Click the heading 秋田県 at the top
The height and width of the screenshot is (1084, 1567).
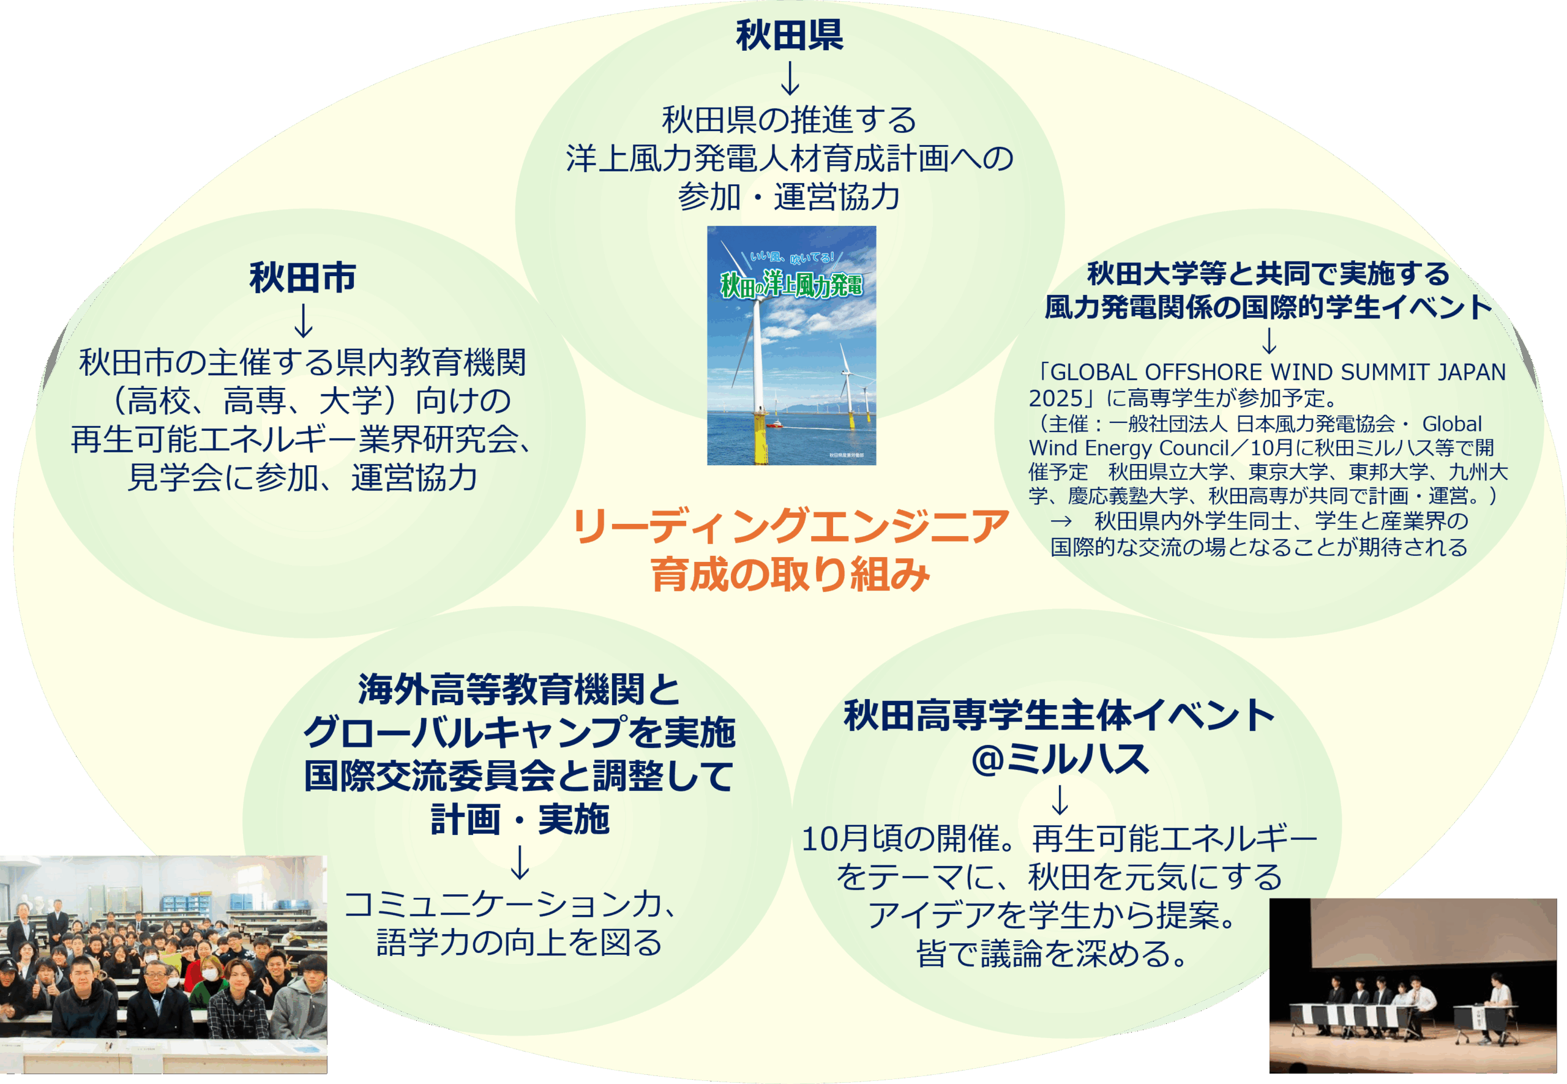(789, 35)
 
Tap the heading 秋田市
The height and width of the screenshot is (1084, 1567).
(303, 277)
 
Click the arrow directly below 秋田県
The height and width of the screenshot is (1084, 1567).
(790, 78)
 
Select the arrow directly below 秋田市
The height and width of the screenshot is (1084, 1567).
(303, 321)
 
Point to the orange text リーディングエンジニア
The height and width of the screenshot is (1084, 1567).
(791, 526)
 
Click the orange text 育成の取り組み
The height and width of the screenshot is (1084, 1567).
(790, 574)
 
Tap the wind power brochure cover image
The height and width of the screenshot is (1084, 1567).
(791, 346)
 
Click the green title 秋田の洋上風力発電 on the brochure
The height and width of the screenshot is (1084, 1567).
(791, 284)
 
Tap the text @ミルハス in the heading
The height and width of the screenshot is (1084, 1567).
(1060, 758)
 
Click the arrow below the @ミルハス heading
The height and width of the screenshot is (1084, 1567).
(1060, 799)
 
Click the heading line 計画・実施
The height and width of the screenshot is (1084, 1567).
(520, 820)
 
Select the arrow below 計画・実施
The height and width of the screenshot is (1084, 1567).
(520, 862)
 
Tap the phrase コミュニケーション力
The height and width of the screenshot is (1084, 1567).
(502, 904)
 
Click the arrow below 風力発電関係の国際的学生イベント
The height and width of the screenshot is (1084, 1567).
(1268, 340)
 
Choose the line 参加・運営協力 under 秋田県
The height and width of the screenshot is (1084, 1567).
(789, 197)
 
